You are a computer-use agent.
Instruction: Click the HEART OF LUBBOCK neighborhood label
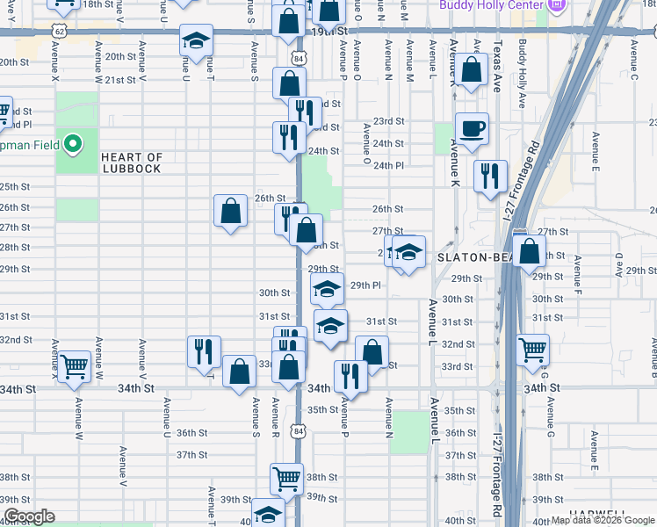click(x=131, y=162)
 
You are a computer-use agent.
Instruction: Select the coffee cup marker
click(x=472, y=128)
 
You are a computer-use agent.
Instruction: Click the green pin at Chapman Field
click(x=75, y=141)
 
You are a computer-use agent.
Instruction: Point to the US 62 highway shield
click(x=58, y=30)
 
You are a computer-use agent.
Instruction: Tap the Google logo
click(x=29, y=517)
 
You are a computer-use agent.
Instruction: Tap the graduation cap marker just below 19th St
click(x=196, y=40)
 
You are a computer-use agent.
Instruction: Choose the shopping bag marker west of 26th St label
click(x=230, y=211)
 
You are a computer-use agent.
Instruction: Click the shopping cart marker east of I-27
click(x=533, y=350)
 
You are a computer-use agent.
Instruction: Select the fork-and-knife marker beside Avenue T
click(x=204, y=351)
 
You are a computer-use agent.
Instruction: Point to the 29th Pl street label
click(x=365, y=285)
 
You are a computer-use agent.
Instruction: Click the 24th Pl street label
click(x=388, y=165)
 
